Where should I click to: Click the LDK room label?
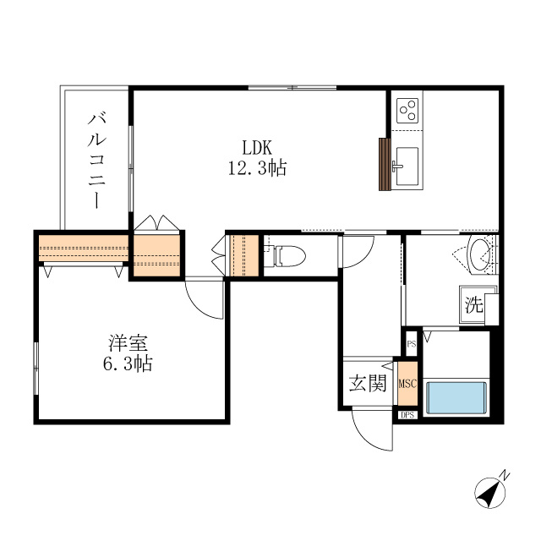(x=256, y=145)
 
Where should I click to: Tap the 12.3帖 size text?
(x=256, y=168)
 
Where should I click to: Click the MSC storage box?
(x=407, y=384)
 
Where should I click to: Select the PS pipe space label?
(x=411, y=344)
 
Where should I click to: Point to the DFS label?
(x=407, y=415)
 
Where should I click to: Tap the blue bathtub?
(x=458, y=396)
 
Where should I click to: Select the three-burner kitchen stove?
(x=408, y=111)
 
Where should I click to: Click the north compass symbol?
(x=489, y=491)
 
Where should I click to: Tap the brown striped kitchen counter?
(x=385, y=165)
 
